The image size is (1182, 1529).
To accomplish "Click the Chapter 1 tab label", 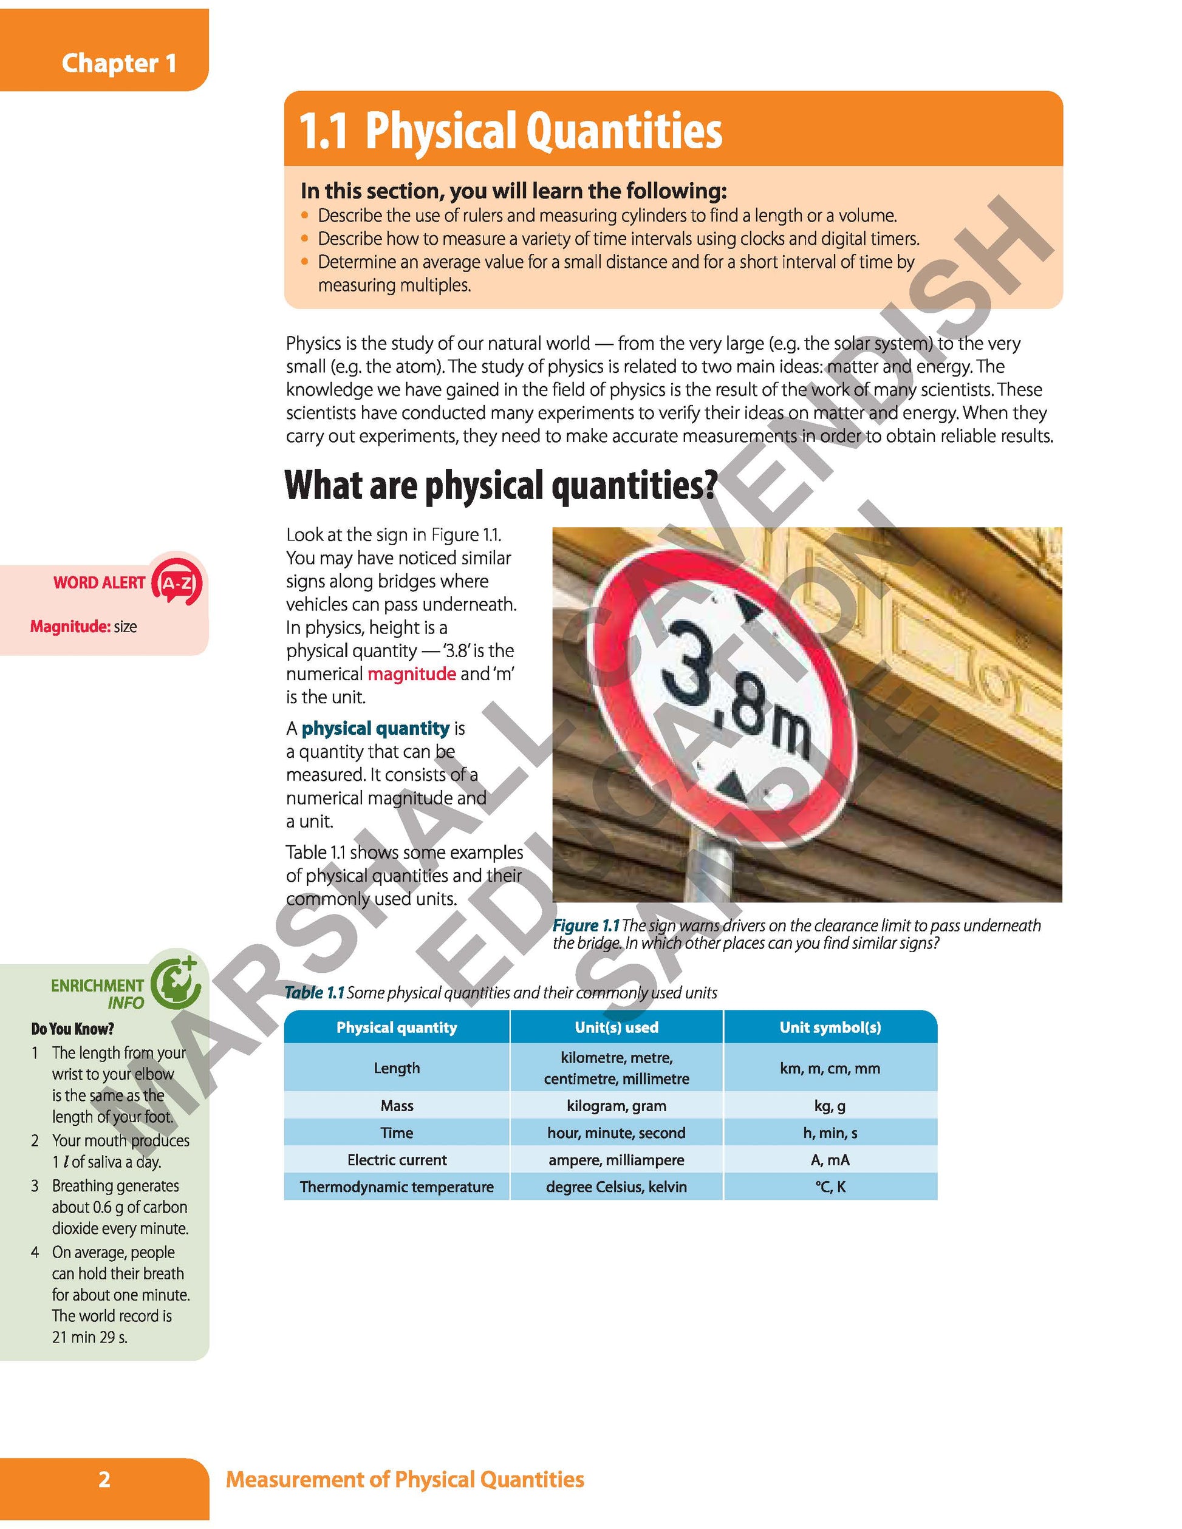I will (x=118, y=63).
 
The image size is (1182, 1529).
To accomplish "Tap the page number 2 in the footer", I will (x=104, y=1479).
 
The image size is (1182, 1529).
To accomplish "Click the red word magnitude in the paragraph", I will (x=411, y=673).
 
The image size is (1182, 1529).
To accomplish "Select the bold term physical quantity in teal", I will (x=375, y=728).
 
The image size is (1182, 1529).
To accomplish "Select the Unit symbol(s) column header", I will (x=830, y=1027).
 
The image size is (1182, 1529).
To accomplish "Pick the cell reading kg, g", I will (x=830, y=1106).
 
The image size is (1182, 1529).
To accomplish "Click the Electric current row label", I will (x=397, y=1160).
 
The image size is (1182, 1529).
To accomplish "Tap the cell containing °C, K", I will (x=830, y=1187).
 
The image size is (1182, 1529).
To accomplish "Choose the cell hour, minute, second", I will (x=617, y=1132).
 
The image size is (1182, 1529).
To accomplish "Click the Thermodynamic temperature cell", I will (x=397, y=1187).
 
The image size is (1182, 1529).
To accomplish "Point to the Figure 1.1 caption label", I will (x=586, y=925).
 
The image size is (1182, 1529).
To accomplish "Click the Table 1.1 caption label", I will (x=315, y=992).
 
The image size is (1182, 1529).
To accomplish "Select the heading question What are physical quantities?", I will (x=500, y=485).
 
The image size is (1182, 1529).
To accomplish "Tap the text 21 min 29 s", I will (x=90, y=1337).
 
